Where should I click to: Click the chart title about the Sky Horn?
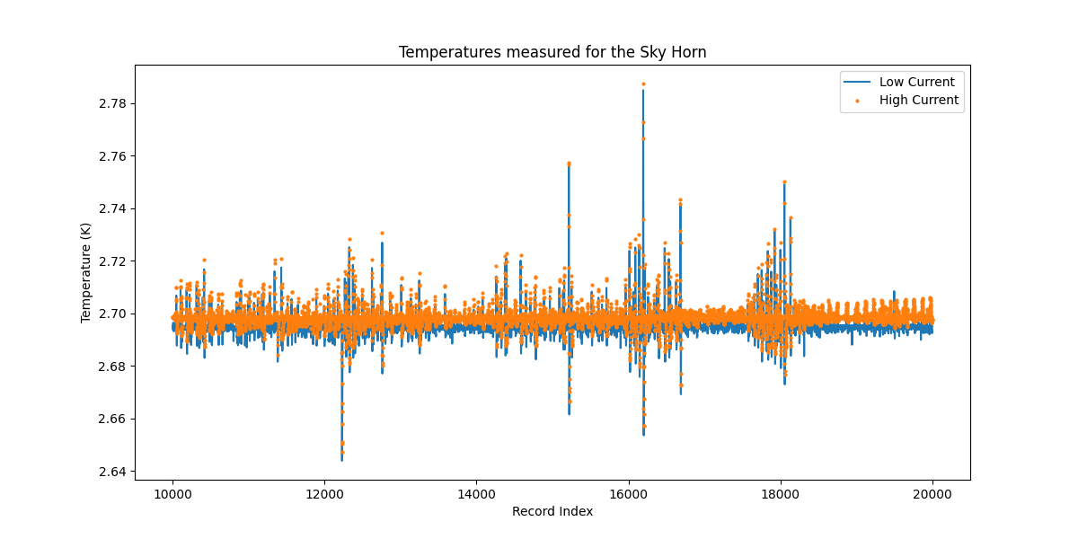(552, 52)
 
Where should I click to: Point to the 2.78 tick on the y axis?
(111, 104)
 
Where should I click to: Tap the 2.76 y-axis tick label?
(111, 156)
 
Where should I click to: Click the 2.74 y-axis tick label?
(111, 209)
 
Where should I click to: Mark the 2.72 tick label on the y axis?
(111, 261)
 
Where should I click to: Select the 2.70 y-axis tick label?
(111, 314)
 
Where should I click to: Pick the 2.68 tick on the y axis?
(111, 367)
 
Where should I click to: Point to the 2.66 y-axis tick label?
(111, 420)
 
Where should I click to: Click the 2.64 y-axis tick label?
(111, 472)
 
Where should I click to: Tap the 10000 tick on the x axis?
(172, 493)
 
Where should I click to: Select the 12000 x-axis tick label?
(324, 493)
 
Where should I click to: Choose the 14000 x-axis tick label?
(476, 493)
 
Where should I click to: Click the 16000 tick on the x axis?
(628, 493)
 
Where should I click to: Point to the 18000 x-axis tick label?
(781, 493)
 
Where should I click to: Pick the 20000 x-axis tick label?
(932, 493)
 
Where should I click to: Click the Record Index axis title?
(552, 511)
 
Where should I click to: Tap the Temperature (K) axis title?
(86, 272)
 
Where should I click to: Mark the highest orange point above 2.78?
(643, 84)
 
